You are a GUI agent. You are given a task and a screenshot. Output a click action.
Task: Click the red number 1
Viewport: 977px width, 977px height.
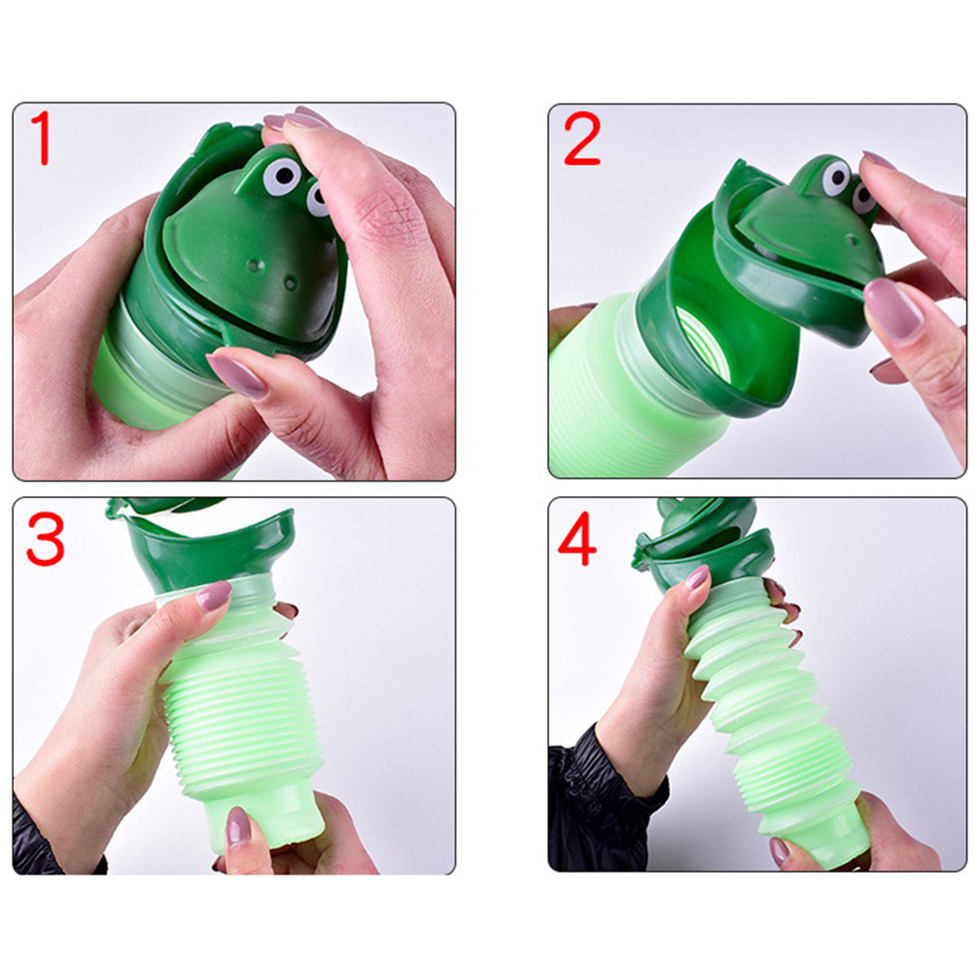41,138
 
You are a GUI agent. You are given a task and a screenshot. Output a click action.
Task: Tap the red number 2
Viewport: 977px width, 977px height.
582,139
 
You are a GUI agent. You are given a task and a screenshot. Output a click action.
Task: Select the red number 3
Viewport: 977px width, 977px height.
45,538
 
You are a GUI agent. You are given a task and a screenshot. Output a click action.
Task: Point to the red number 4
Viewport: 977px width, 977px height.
577,539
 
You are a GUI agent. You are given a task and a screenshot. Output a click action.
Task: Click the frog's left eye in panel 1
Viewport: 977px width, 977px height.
281,176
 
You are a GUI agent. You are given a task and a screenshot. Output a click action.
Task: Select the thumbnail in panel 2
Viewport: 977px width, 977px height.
893,308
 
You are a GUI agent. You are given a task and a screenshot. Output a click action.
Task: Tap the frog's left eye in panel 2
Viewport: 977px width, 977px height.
836,177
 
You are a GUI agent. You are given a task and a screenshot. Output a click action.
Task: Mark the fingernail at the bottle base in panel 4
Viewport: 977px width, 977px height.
780,851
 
